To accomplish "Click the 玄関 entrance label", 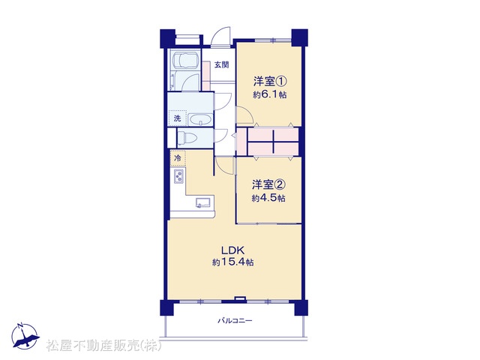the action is click(x=221, y=65).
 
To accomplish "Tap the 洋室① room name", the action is click(x=270, y=82).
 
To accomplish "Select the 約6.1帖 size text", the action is click(x=270, y=95).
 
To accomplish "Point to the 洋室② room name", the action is click(x=268, y=184).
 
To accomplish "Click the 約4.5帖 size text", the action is click(x=268, y=198).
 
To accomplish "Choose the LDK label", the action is click(x=233, y=250).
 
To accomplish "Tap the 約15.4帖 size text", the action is click(x=233, y=262).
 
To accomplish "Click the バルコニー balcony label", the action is click(x=235, y=321).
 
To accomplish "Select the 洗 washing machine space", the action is click(x=178, y=118).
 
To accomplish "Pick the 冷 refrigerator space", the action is click(x=178, y=158).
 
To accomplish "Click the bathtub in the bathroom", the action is click(x=185, y=60).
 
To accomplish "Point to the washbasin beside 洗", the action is click(x=200, y=119).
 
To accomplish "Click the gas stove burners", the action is click(x=178, y=176).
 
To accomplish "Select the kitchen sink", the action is click(x=203, y=203).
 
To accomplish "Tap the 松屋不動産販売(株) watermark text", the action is click(x=104, y=346).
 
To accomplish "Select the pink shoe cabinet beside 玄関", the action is click(x=206, y=76).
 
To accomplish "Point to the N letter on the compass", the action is click(x=20, y=325).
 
